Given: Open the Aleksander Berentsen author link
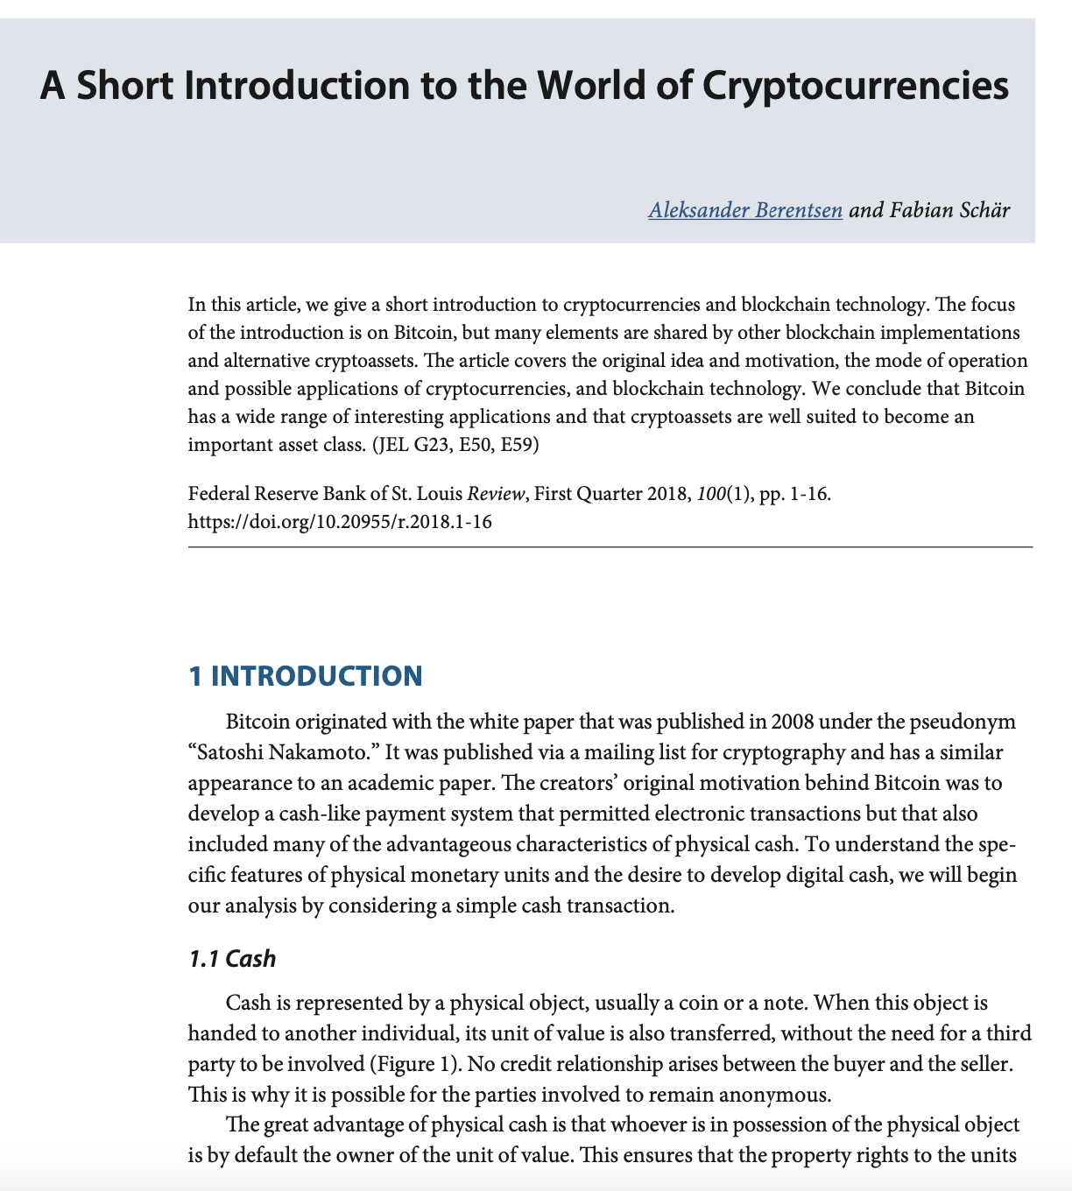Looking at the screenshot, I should (745, 210).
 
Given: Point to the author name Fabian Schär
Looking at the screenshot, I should (949, 210).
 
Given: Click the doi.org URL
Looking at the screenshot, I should (340, 522).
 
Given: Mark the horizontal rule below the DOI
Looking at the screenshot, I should (610, 547).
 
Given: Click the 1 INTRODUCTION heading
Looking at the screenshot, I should (306, 676).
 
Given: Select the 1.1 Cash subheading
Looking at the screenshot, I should (232, 959).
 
